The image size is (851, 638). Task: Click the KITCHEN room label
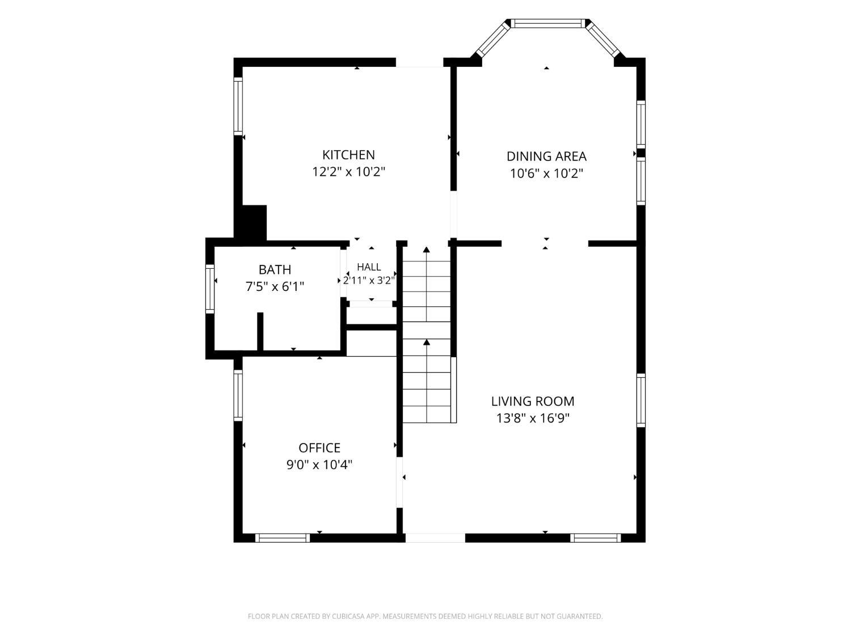point(348,155)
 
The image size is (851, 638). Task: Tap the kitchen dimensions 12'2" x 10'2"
point(348,172)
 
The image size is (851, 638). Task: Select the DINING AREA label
point(546,157)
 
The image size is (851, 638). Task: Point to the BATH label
point(275,269)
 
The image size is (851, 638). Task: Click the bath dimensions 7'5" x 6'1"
point(275,286)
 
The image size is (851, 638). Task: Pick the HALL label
point(369,267)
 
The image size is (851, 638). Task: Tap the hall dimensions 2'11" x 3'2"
point(369,280)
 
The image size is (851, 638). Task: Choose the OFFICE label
point(319,448)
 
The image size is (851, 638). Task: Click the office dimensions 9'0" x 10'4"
point(319,464)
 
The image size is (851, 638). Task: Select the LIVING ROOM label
point(533,402)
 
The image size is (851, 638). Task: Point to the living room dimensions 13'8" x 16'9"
point(533,419)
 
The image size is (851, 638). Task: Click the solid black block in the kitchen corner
point(254,223)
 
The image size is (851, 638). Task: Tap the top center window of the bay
point(547,23)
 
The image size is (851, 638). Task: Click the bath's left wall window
point(210,289)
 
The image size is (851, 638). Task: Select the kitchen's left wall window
point(238,106)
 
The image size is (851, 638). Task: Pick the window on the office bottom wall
point(283,538)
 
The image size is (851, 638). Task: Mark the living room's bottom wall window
point(596,538)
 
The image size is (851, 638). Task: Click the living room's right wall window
point(641,400)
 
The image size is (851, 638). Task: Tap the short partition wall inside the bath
point(260,332)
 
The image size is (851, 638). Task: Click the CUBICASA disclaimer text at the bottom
point(425,616)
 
